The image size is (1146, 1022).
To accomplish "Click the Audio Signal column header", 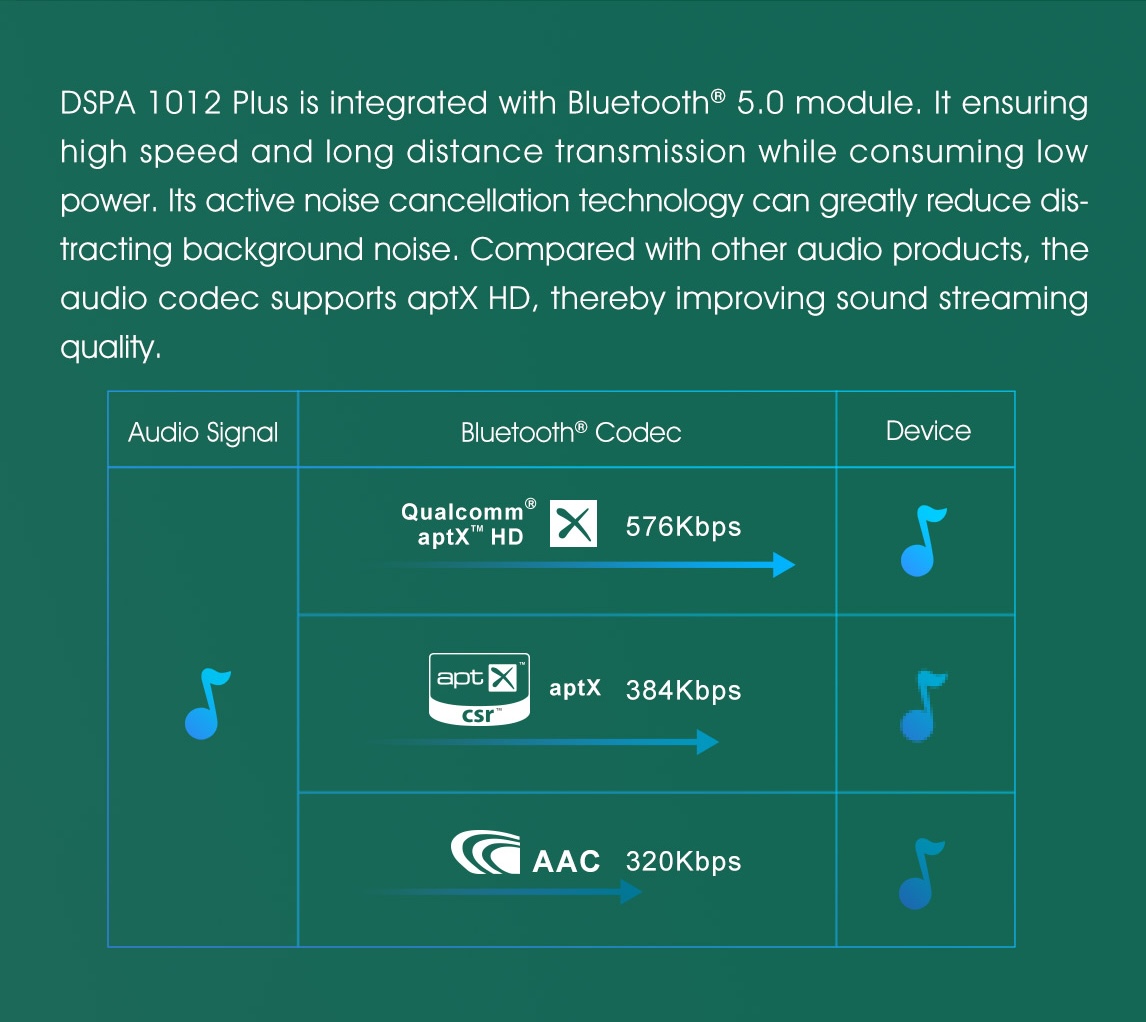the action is point(203,433).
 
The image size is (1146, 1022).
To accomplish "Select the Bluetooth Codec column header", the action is point(571,432).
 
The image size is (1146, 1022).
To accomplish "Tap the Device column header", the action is point(928,431).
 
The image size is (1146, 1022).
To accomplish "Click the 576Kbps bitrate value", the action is point(683,526).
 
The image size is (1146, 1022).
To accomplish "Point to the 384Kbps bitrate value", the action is point(683,690).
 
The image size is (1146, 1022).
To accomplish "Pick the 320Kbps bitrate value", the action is point(683,861).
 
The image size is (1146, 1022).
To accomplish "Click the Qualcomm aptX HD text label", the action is point(468,524).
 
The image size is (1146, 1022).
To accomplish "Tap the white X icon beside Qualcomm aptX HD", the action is point(573,523).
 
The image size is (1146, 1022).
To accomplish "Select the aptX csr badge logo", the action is point(479,689).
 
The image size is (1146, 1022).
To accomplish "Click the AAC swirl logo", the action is point(485,852).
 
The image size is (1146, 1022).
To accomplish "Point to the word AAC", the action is point(566,861).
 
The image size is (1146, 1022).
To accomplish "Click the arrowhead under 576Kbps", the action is point(784,564).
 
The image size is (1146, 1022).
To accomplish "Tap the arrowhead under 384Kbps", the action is point(707,742).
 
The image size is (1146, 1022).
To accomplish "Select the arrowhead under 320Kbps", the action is point(631,892).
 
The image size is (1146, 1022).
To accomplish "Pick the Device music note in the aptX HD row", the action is point(922,541).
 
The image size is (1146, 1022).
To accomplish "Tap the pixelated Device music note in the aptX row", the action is point(922,705).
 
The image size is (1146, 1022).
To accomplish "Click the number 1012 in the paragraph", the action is point(184,103).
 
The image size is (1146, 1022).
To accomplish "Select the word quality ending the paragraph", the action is point(110,348).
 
